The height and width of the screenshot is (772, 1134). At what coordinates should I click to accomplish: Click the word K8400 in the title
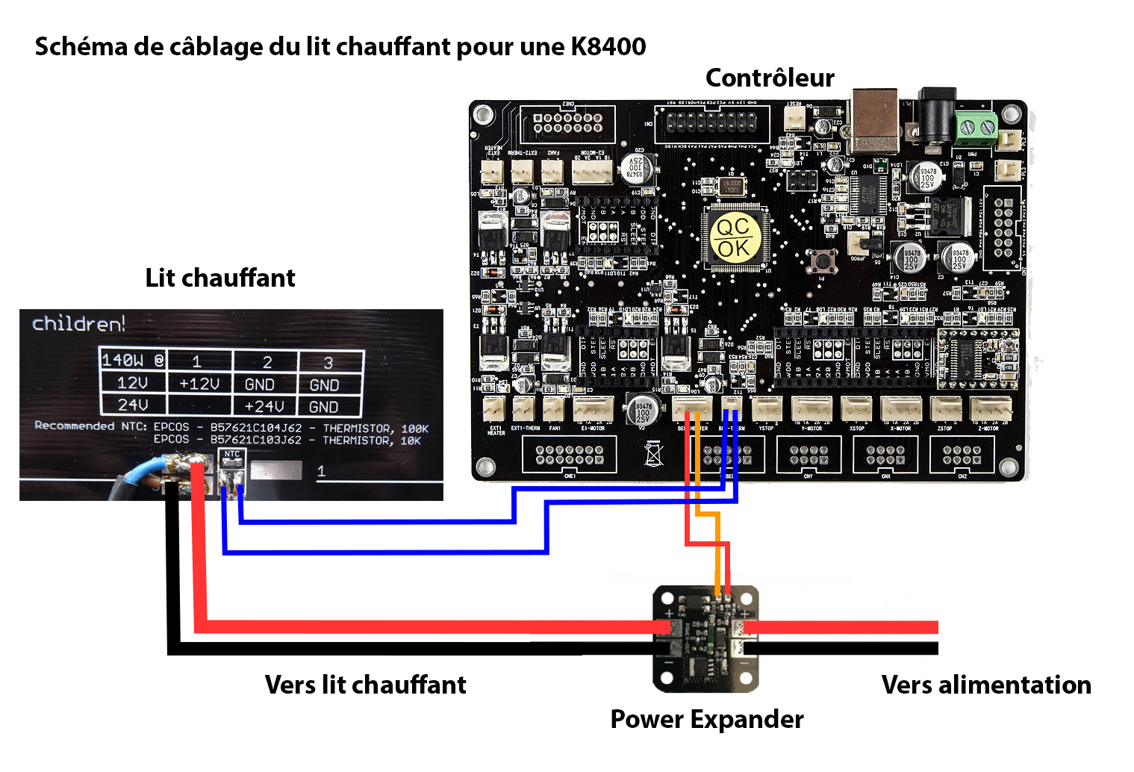[x=608, y=47]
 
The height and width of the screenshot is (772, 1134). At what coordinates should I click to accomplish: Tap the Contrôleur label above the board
[x=770, y=78]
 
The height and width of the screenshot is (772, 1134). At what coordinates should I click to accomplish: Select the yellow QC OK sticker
[x=734, y=237]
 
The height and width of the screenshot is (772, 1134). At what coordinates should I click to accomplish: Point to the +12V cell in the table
[x=199, y=384]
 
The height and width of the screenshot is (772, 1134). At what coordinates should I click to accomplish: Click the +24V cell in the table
[x=264, y=407]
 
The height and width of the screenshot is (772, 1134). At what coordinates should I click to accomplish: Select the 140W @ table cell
[x=133, y=361]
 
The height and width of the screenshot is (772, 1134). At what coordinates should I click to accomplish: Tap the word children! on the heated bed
[x=78, y=324]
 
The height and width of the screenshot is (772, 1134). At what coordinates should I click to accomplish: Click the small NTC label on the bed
[x=232, y=454]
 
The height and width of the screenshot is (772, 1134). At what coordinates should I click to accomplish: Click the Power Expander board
[x=705, y=638]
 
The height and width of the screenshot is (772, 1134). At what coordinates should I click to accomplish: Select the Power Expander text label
[x=707, y=719]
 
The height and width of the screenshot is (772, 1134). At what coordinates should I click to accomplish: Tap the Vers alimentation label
[x=986, y=685]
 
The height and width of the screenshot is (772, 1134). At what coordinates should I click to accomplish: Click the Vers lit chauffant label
[x=365, y=685]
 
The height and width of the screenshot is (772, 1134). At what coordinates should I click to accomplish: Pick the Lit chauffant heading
[x=220, y=278]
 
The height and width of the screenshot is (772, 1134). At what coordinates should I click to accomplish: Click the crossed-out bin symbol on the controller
[x=653, y=452]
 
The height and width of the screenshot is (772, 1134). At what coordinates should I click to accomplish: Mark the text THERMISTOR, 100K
[x=376, y=429]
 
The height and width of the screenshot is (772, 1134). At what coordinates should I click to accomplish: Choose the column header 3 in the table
[x=328, y=363]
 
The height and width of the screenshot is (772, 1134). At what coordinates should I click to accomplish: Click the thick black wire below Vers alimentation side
[x=844, y=648]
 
